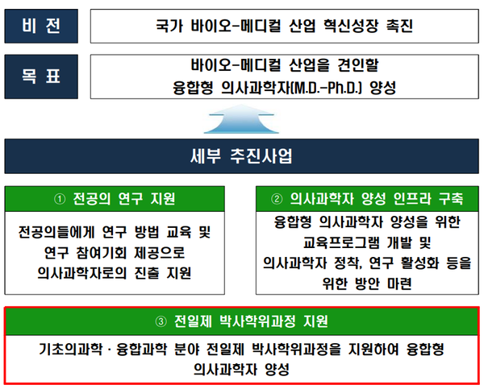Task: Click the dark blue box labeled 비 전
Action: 41,26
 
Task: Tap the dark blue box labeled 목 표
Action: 41,77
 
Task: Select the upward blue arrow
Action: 241,119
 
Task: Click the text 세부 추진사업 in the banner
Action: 241,156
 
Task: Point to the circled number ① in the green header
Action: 60,199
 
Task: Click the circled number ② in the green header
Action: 277,199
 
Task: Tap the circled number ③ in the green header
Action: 161,321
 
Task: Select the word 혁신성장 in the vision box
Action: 351,26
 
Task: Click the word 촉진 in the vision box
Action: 400,26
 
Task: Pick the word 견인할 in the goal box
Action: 358,65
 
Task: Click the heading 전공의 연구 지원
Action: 124,199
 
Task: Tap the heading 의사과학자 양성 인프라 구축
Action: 377,199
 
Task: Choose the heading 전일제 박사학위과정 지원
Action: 251,321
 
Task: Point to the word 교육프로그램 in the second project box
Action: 341,242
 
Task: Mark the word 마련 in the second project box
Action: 399,283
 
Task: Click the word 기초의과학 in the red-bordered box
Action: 70,350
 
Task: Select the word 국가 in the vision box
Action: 169,26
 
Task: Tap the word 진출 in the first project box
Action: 147,273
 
